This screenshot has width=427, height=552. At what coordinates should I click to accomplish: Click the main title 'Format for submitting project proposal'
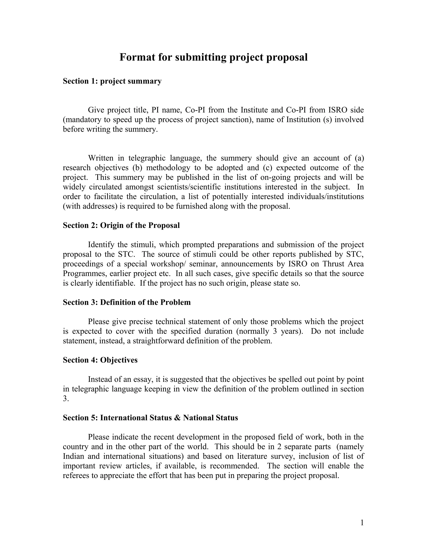213,57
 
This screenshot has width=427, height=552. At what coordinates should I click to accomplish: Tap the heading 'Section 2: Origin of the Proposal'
121,225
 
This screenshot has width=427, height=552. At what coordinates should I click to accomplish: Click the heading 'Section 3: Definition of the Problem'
127,302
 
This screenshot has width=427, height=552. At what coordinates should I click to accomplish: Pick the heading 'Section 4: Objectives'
100,360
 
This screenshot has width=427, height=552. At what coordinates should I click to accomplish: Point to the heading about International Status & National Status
150,418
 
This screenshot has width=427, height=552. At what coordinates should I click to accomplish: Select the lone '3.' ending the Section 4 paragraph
66,398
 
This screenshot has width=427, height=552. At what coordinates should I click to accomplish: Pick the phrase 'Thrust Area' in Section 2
343,264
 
